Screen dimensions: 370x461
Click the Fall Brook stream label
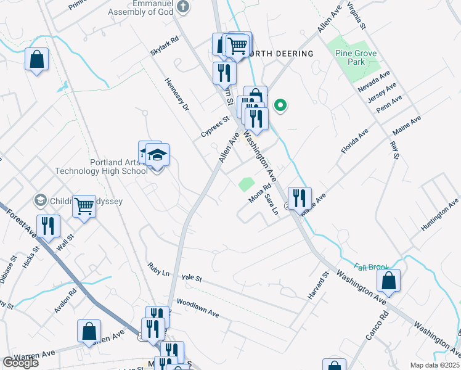(372, 267)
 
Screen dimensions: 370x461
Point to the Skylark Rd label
(164, 46)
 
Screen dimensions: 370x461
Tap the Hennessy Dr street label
(176, 95)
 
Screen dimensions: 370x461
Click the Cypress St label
(214, 126)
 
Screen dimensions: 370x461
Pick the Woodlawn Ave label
(198, 308)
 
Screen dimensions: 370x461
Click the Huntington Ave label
(439, 215)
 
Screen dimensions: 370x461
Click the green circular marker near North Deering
(280, 105)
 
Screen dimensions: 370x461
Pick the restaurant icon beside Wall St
(47, 226)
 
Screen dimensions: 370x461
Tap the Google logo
(20, 363)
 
